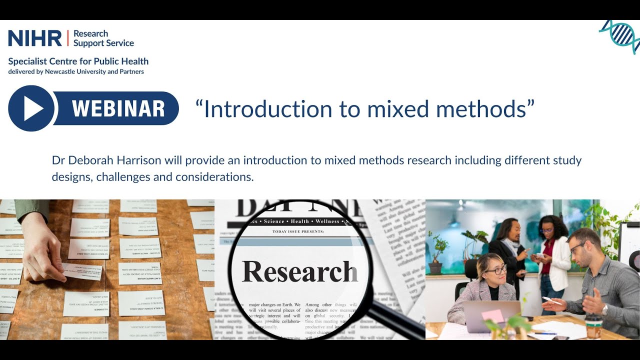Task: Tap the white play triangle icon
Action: [x=32, y=108]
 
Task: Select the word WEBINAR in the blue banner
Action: [x=118, y=108]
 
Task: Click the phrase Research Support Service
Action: [x=103, y=38]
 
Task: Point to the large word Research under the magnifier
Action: [x=300, y=272]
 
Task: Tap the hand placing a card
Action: [x=42, y=250]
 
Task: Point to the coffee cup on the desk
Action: [x=594, y=328]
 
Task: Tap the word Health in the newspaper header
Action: [x=300, y=221]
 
